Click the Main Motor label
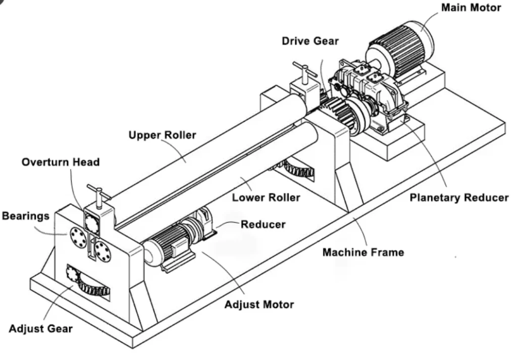pyautogui.click(x=471, y=8)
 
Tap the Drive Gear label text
pyautogui.click(x=310, y=41)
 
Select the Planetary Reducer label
pyautogui.click(x=458, y=197)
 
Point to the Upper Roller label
pyautogui.click(x=162, y=135)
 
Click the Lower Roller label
pyautogui.click(x=266, y=197)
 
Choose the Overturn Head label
pyautogui.click(x=61, y=162)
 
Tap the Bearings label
pyautogui.click(x=26, y=216)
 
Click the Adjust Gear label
pyautogui.click(x=40, y=329)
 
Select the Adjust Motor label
pyautogui.click(x=259, y=304)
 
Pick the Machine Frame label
pyautogui.click(x=363, y=251)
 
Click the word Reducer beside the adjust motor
pyautogui.click(x=263, y=224)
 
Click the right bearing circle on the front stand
pyautogui.click(x=103, y=250)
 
